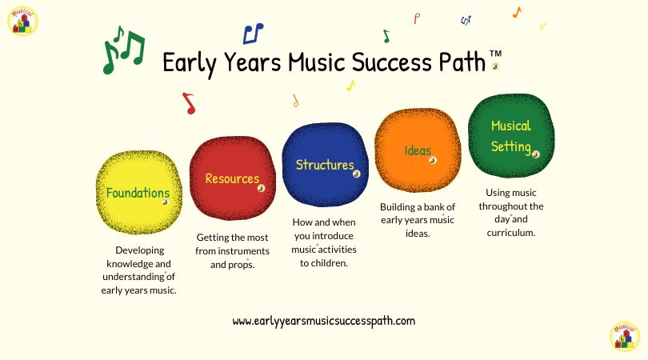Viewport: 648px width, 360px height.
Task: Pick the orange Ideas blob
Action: (x=418, y=150)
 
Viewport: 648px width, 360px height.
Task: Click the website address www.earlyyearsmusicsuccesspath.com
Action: (x=324, y=321)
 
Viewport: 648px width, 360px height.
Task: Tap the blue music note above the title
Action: (x=253, y=33)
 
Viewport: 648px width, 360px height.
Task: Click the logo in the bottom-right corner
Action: (x=624, y=337)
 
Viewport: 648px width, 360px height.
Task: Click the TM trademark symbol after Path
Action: (x=495, y=54)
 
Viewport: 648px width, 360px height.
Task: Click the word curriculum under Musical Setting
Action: (x=510, y=232)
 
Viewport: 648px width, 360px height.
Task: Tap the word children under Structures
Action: (x=329, y=262)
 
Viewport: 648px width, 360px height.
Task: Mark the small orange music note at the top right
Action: (x=517, y=12)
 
